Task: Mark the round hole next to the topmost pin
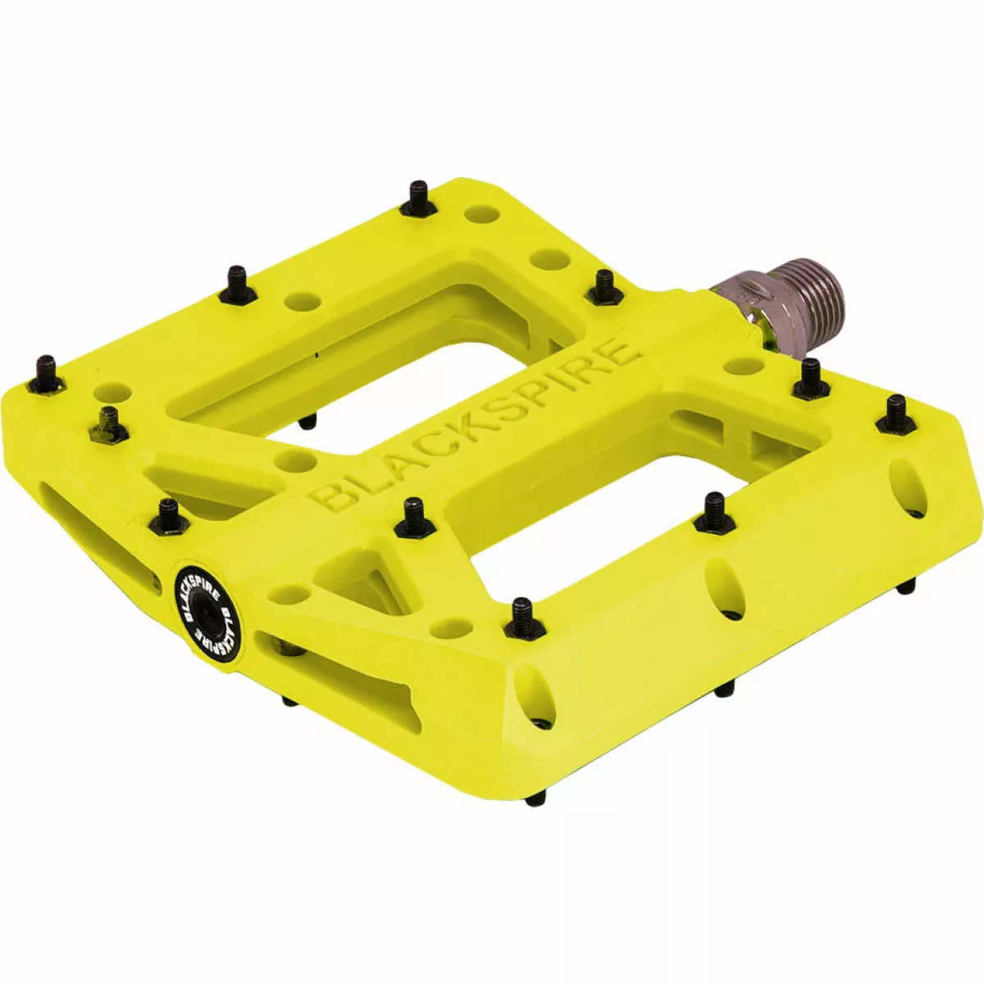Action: coord(482,215)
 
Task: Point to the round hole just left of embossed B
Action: coord(292,459)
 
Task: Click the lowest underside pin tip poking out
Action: coord(534,797)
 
